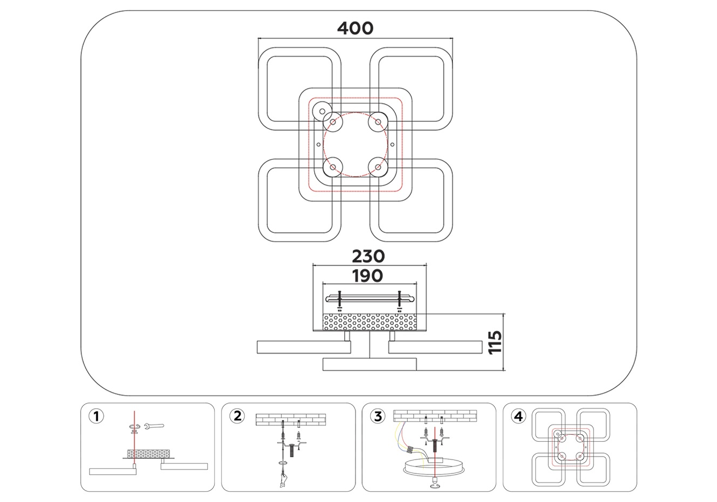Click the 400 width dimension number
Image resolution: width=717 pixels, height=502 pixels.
tap(355, 27)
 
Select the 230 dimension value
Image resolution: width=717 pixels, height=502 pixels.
tap(368, 256)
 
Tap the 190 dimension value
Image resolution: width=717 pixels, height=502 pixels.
tap(368, 276)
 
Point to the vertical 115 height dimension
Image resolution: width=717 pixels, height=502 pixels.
tap(495, 342)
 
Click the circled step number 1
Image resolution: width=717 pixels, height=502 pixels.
tap(96, 416)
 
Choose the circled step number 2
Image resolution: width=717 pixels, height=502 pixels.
tap(237, 416)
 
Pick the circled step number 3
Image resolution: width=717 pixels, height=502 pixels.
tap(378, 416)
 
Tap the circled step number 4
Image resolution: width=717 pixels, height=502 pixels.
tap(519, 416)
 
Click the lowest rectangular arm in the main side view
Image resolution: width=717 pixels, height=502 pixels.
tap(370, 364)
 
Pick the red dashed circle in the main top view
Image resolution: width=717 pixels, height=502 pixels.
tap(354, 145)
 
